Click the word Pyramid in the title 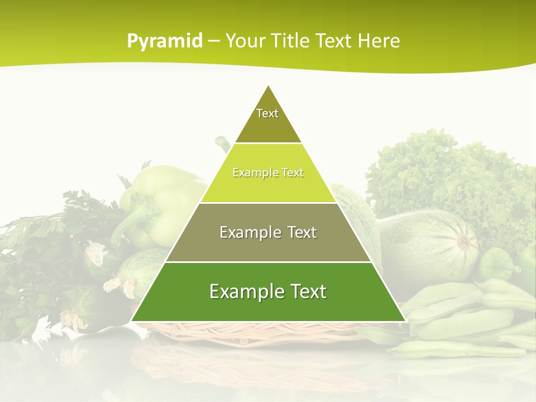point(165,41)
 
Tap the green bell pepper point(162,201)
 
